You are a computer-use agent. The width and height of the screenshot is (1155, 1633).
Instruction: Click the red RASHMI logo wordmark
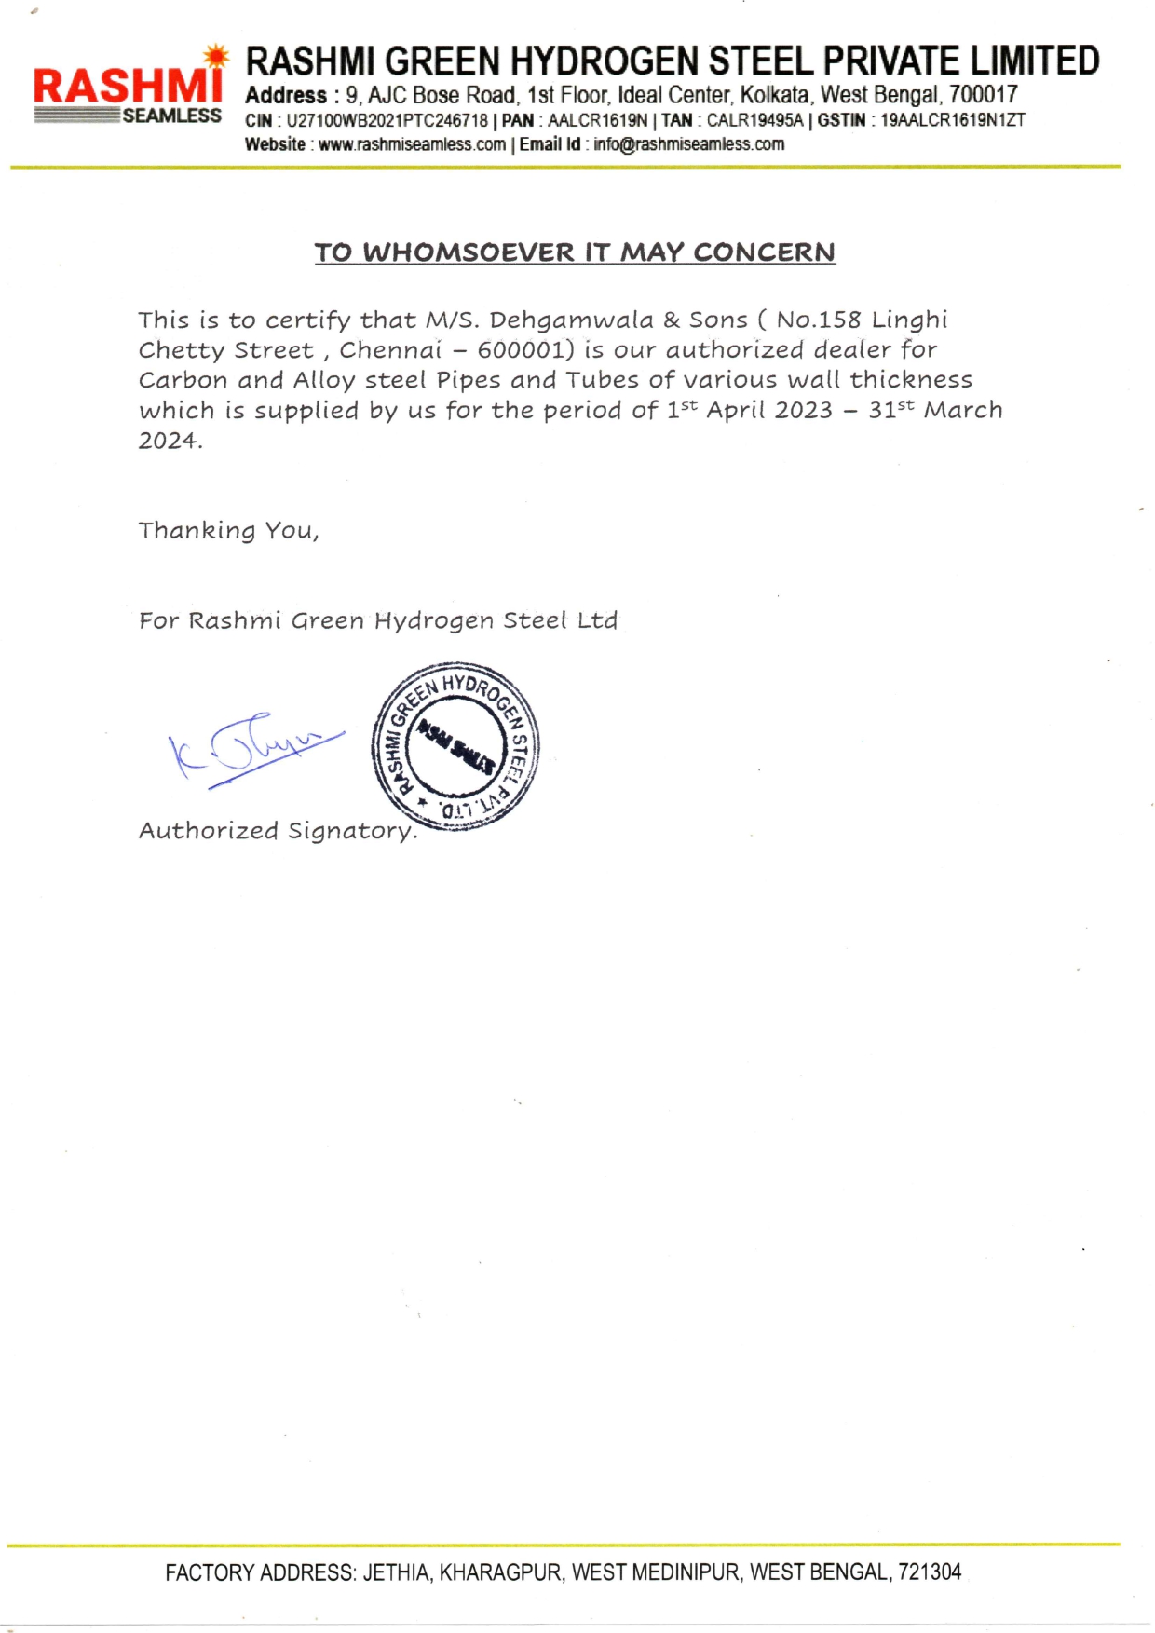tap(127, 85)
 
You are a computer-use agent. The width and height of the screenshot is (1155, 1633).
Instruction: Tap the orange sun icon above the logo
tap(216, 57)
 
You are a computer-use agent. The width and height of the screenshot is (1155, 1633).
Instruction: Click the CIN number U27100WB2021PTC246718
tap(387, 120)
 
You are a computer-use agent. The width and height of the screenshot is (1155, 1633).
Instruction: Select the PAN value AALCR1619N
tap(597, 120)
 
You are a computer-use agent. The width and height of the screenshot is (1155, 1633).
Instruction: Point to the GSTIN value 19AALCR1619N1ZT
tap(953, 120)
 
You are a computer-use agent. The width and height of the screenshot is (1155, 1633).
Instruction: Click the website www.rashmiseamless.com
tap(412, 144)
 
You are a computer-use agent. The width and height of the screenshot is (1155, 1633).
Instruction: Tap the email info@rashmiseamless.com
tap(688, 144)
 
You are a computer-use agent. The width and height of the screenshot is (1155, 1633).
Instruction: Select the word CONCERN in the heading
tap(764, 252)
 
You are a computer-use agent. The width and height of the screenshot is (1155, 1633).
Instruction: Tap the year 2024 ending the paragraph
tap(168, 441)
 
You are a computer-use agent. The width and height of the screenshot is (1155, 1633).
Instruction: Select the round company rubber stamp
tap(455, 746)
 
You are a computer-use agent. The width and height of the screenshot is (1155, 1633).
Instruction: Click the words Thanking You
tap(228, 531)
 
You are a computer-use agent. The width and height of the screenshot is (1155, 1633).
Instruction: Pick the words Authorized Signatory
tap(278, 831)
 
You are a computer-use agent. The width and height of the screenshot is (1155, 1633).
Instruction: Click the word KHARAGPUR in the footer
tap(500, 1573)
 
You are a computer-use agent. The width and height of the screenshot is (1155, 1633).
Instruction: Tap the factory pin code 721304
tap(930, 1573)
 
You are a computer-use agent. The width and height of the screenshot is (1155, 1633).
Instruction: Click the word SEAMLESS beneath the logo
tap(172, 116)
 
